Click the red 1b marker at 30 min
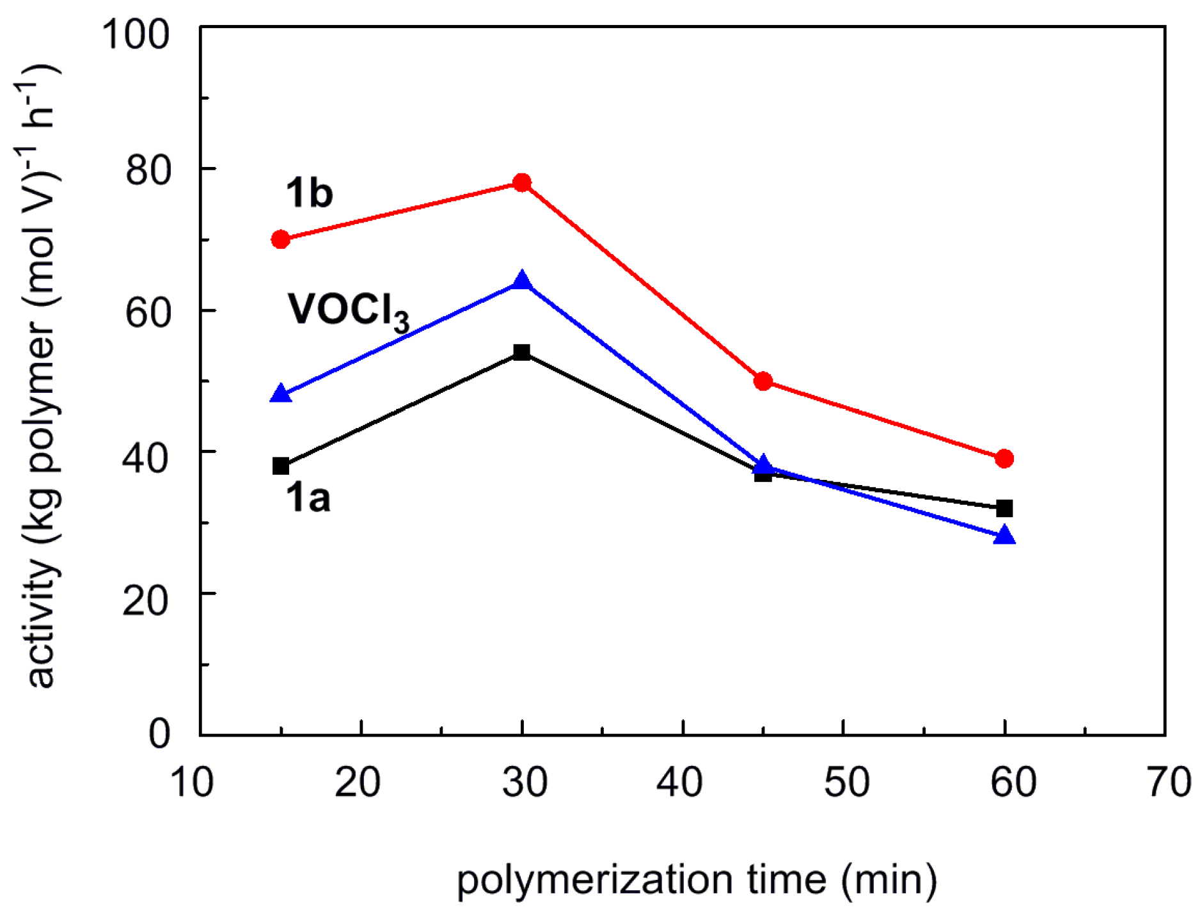click(522, 183)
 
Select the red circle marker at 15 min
click(280, 239)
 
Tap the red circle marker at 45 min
click(763, 381)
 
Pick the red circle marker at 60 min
click(1004, 458)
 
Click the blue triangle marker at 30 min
click(522, 281)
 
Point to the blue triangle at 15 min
click(280, 394)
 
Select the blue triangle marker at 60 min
click(1004, 535)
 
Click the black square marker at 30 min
click(522, 352)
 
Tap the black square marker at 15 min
click(280, 466)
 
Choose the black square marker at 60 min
click(1004, 509)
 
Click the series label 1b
click(309, 193)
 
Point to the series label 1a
click(308, 497)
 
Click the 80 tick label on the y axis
click(148, 170)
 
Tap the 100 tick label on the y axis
click(136, 33)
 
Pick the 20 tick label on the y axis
click(145, 600)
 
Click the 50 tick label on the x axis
click(846, 782)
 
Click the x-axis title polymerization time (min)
click(697, 880)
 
